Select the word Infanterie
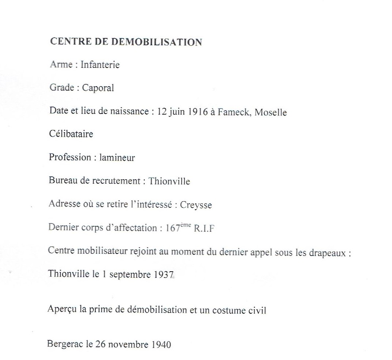[x=101, y=65]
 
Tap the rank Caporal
[x=98, y=88]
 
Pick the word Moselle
[x=270, y=112]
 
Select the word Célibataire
[x=71, y=134]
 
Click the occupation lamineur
[x=117, y=158]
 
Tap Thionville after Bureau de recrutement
[x=169, y=181]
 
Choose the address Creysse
[x=196, y=205]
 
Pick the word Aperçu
[x=61, y=310]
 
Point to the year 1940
[x=160, y=344]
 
